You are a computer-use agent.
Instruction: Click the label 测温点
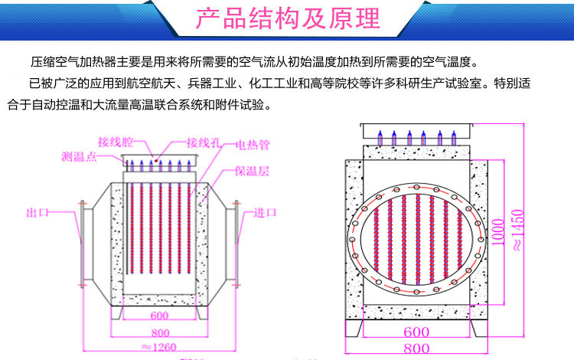coord(79,156)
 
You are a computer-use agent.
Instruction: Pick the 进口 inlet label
coord(264,212)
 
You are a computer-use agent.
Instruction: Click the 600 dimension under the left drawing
coord(159,316)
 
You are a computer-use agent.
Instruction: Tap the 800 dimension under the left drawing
coord(159,333)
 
